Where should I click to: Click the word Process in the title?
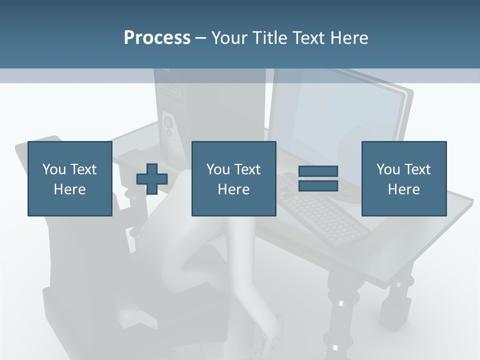[157, 38]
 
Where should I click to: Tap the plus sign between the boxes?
[152, 179]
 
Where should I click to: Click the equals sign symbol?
[318, 178]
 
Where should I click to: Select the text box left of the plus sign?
[70, 178]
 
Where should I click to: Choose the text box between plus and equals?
[233, 178]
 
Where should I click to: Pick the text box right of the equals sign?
[403, 178]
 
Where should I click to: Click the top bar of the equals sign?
[318, 171]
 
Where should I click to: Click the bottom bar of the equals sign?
[318, 185]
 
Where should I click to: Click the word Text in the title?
[308, 38]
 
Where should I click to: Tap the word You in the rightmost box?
[387, 169]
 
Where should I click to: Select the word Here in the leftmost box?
[70, 189]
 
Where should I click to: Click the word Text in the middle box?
[247, 169]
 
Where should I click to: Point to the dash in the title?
[201, 38]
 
